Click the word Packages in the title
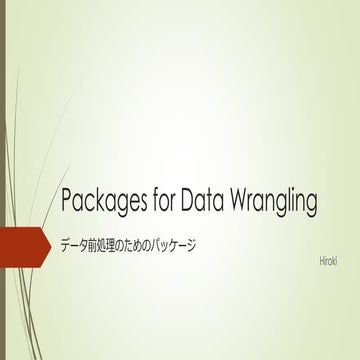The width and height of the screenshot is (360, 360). [100, 201]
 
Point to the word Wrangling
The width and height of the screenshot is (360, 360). [276, 201]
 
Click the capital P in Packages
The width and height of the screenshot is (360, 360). [67, 200]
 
